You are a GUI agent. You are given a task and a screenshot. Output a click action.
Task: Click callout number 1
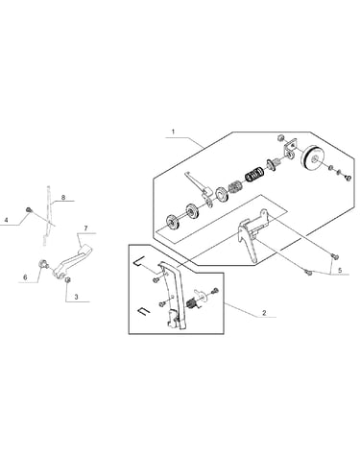click(x=173, y=132)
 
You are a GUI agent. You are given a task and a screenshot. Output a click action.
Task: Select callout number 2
click(x=264, y=313)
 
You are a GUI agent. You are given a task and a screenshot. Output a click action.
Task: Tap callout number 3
click(x=76, y=297)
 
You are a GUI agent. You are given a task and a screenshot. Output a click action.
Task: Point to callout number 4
click(x=6, y=220)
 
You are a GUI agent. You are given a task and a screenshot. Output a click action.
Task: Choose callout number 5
click(x=340, y=270)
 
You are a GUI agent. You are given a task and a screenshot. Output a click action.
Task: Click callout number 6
click(x=25, y=277)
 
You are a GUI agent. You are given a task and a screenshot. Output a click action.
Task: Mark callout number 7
click(x=85, y=228)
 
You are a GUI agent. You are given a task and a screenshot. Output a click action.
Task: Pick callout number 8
click(x=63, y=197)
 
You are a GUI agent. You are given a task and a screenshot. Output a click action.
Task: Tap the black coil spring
click(x=255, y=174)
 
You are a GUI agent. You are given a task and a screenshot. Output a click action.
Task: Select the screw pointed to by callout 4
click(x=29, y=210)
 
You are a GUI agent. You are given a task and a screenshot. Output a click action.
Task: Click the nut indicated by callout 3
click(x=67, y=280)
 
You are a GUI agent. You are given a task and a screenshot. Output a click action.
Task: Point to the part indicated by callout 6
click(x=43, y=264)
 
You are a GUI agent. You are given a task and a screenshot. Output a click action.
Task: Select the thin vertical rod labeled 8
click(x=48, y=215)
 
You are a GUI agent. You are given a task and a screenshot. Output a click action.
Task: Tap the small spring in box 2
click(x=192, y=303)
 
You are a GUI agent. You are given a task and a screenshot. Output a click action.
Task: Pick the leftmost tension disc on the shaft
click(x=173, y=222)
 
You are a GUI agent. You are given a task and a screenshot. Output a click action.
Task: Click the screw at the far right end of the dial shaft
click(x=348, y=177)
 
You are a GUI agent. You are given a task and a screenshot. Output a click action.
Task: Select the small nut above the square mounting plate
click(x=280, y=138)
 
